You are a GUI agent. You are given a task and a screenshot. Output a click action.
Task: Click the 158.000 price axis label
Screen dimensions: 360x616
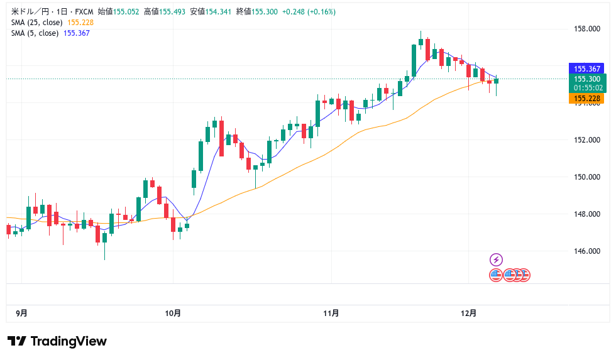click(x=586, y=29)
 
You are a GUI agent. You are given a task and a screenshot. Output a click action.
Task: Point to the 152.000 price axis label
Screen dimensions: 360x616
click(x=586, y=139)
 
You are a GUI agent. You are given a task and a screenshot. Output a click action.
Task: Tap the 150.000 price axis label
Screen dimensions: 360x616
click(x=586, y=177)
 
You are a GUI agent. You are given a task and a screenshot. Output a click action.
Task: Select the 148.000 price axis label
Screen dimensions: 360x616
click(x=586, y=214)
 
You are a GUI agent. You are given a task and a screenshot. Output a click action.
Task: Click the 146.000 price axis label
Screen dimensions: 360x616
click(x=586, y=251)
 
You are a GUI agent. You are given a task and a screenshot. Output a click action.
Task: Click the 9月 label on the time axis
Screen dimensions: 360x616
click(x=21, y=313)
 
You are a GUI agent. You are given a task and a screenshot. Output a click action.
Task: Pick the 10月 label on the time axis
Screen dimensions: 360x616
click(x=173, y=313)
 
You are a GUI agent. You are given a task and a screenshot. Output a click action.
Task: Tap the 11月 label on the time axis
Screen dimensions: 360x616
click(x=331, y=313)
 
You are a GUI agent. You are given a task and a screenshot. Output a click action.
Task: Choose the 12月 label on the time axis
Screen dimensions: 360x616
click(x=468, y=313)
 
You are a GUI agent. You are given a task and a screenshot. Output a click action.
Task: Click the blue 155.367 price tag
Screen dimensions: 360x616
click(x=586, y=68)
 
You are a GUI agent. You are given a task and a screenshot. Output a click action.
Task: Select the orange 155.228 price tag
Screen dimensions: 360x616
click(x=586, y=99)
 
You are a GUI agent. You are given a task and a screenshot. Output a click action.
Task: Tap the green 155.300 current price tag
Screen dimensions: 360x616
click(x=586, y=79)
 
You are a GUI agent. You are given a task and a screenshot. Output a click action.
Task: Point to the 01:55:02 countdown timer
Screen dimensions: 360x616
click(x=586, y=88)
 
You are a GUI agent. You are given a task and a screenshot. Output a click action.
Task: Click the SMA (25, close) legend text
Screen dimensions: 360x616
click(x=37, y=23)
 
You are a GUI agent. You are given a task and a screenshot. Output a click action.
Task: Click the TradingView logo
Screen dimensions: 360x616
click(x=57, y=341)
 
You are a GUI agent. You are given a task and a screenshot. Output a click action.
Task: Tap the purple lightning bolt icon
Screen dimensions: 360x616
click(x=496, y=259)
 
